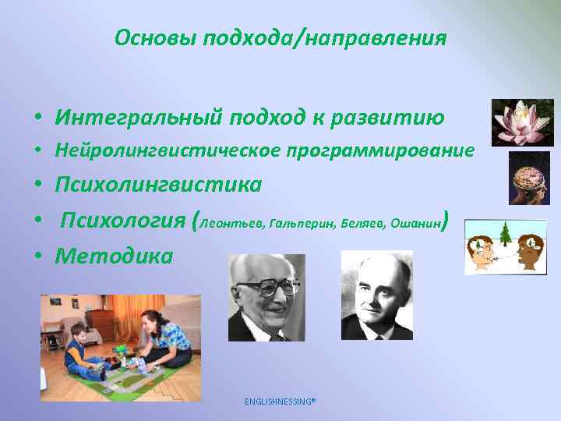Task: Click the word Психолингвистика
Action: coord(158,185)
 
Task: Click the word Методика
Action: coord(114,255)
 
